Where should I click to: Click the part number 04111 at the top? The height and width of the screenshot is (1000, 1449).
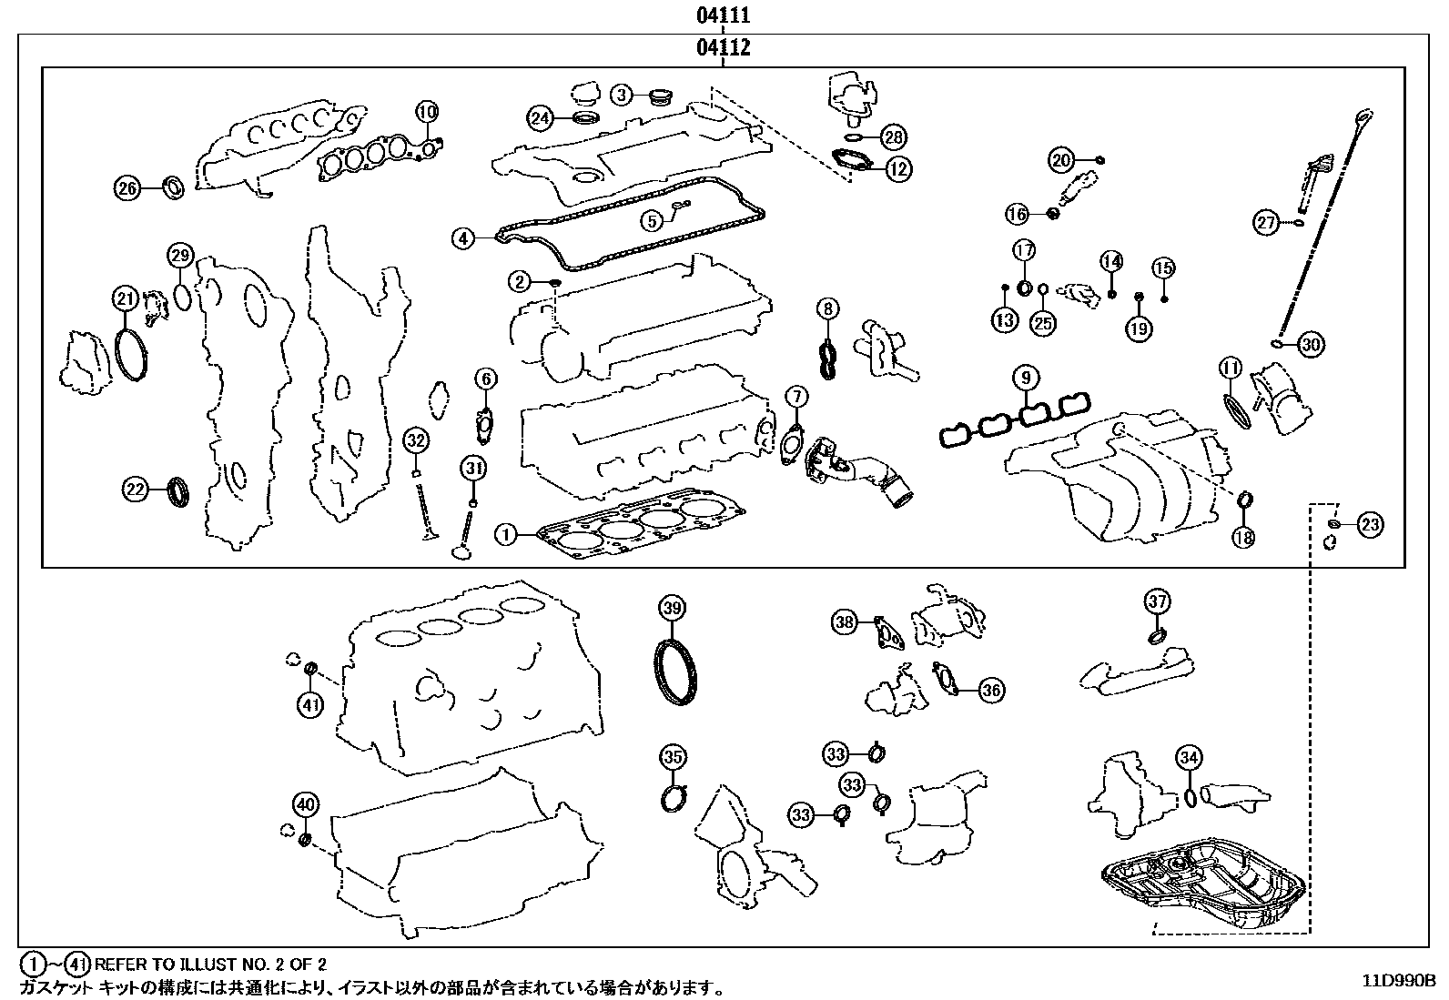724,15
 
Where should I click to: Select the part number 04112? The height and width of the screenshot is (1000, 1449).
724,47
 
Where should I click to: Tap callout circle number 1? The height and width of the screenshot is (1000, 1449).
506,534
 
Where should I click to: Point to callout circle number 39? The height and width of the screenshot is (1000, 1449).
672,608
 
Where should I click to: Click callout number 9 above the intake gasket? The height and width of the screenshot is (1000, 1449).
1025,377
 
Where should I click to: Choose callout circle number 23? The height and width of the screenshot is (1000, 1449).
1370,523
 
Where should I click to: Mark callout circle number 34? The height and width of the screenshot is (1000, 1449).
1189,757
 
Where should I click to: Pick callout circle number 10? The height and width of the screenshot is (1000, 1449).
427,112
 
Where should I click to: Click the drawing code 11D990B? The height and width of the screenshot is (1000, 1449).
1398,981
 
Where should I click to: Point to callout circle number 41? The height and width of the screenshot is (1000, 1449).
311,704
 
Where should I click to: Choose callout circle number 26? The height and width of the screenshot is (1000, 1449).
127,188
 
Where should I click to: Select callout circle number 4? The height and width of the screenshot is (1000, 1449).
463,239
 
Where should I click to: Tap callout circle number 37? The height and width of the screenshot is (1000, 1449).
1157,601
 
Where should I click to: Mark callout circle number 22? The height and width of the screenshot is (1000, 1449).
135,490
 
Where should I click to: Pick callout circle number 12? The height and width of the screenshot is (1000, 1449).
898,168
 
